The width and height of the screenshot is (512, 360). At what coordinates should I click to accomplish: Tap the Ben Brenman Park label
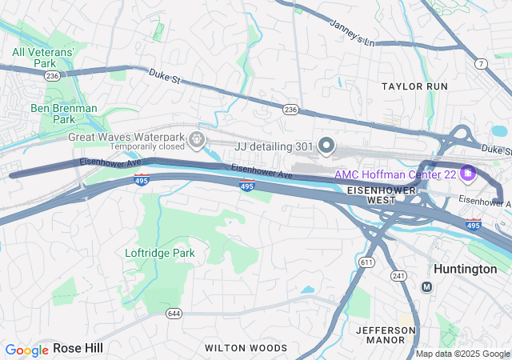coord(63,114)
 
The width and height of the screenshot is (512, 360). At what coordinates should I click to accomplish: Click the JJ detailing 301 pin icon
coord(326,145)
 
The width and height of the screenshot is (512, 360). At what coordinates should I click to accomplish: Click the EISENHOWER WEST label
coord(382,194)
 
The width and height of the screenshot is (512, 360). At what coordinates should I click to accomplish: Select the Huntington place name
coord(465,269)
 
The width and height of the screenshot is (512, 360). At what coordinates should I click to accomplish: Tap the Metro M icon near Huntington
coord(426,286)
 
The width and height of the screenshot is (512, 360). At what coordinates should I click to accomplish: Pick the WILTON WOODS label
coord(246,348)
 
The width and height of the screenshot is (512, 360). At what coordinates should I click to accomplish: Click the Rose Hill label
coord(78,348)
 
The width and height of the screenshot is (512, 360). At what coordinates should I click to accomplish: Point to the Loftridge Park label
coord(160,253)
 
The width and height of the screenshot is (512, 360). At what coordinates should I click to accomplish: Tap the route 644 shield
coord(174,313)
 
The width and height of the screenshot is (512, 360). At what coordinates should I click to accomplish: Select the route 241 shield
coord(398,276)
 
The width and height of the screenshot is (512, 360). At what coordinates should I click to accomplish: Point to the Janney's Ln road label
coord(352,34)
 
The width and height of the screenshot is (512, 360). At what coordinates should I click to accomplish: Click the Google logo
coord(26,350)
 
